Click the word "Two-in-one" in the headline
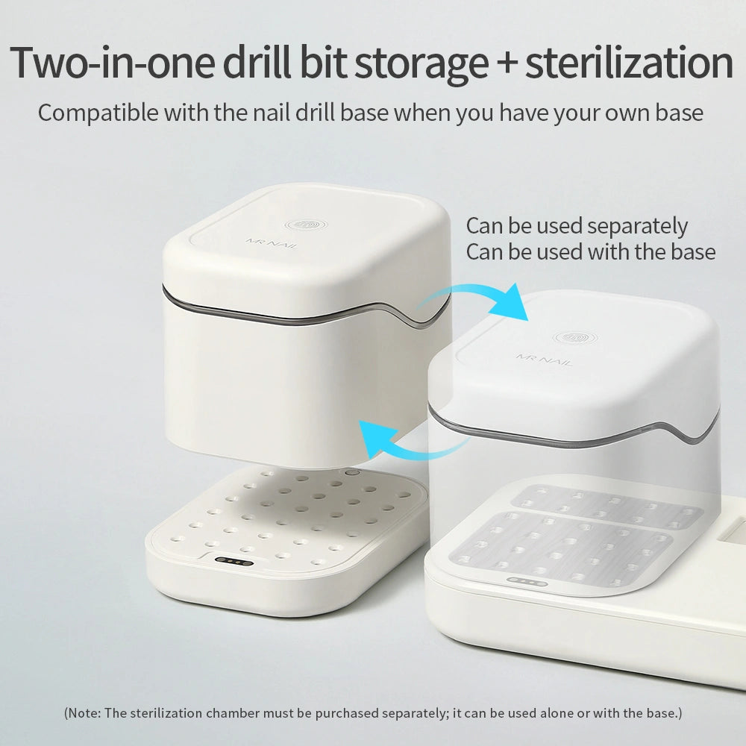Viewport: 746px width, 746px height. click(x=113, y=63)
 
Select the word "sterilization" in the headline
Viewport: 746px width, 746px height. click(x=629, y=63)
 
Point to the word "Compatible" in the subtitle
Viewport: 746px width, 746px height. click(x=98, y=113)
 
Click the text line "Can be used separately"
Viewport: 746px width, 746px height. click(x=577, y=227)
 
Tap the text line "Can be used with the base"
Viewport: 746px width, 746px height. click(x=590, y=251)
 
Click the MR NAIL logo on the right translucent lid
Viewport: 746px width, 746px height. click(x=543, y=360)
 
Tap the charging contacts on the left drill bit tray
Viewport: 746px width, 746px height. click(x=233, y=561)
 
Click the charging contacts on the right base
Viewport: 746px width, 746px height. click(x=527, y=581)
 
